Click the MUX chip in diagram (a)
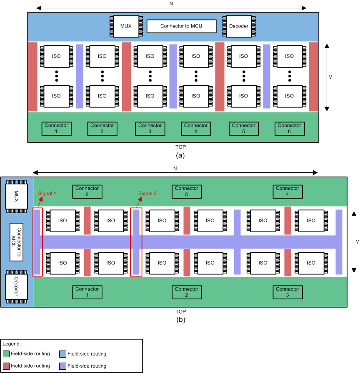(x=125, y=26)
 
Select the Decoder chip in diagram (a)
(x=238, y=26)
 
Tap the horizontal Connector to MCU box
(x=182, y=26)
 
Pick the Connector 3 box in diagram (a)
(x=150, y=128)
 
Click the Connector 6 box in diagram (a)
(x=289, y=128)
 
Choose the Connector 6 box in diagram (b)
(x=87, y=191)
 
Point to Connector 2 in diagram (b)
(x=186, y=292)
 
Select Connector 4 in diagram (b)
(x=287, y=191)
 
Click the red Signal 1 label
(x=47, y=194)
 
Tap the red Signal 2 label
(x=148, y=194)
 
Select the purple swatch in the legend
(x=62, y=366)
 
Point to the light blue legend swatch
(x=62, y=354)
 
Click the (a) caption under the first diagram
(x=180, y=155)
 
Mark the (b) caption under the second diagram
(x=180, y=320)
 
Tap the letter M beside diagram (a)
(x=330, y=77)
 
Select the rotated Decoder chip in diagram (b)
(x=16, y=286)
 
